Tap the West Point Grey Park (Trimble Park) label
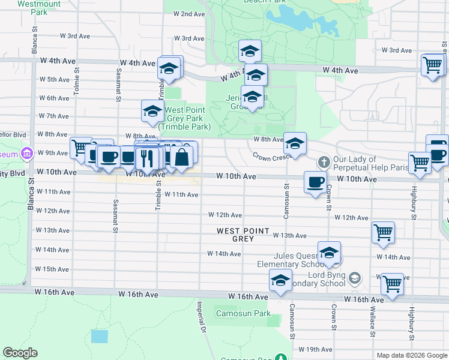184,118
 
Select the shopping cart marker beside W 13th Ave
383,232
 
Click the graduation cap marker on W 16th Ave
280,280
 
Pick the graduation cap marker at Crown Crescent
295,143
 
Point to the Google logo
20,353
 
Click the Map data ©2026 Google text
411,355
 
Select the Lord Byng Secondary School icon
355,278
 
